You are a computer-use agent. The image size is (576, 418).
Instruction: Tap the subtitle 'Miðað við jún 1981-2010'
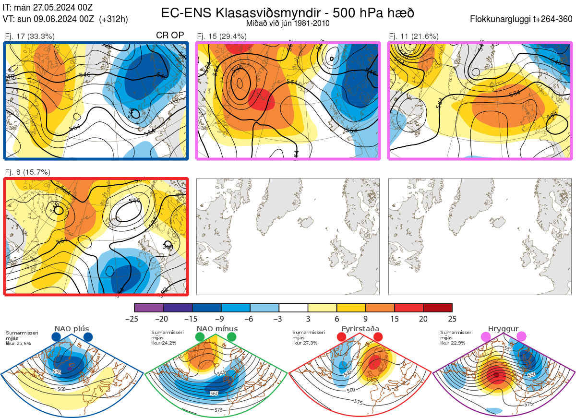288,23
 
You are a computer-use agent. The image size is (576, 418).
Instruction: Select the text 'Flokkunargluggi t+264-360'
522,19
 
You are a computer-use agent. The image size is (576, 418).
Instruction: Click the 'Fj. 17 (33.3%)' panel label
30,36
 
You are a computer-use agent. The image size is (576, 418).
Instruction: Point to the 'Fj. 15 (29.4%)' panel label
222,36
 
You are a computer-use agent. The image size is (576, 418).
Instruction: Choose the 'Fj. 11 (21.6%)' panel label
414,36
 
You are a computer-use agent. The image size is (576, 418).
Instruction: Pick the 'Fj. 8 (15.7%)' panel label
28,172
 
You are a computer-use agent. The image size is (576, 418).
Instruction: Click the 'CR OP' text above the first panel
170,36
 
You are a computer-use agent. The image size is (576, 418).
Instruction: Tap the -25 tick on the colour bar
134,319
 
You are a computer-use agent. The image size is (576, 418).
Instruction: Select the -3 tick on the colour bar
279,319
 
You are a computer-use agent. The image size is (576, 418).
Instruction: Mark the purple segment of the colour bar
149,308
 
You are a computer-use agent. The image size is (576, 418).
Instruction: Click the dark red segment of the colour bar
438,308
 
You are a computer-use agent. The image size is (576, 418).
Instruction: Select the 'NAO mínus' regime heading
217,329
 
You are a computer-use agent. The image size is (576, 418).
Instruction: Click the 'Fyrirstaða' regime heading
359,329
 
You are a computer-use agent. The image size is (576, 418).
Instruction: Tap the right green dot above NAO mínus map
232,337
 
